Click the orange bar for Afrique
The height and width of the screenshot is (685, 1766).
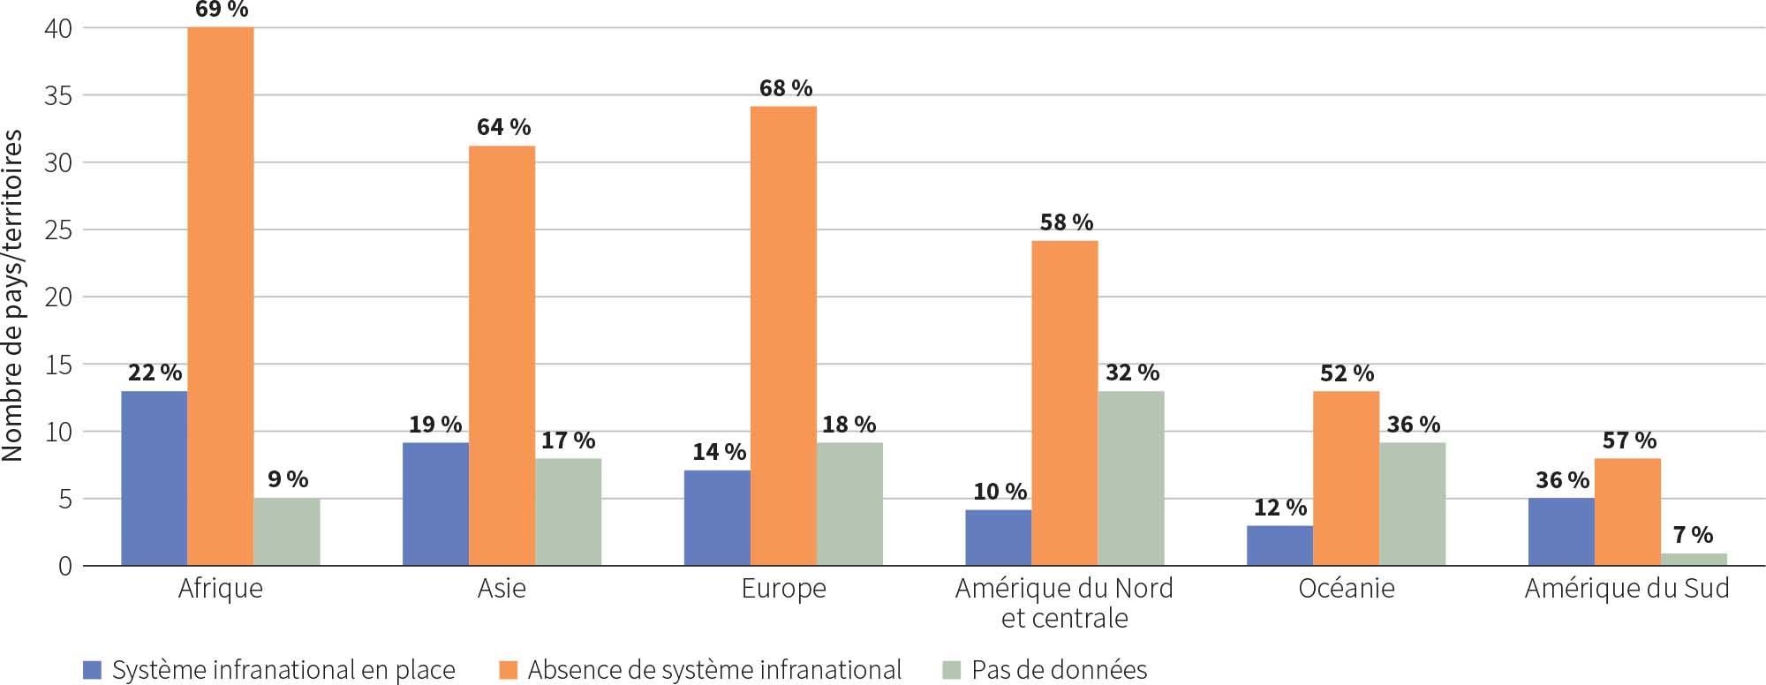pos(220,296)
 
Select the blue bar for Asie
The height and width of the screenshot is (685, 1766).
pos(435,504)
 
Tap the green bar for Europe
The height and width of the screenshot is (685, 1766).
pos(849,504)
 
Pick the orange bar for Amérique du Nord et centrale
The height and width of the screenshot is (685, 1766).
pos(1064,403)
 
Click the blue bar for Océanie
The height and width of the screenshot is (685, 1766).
pos(1279,546)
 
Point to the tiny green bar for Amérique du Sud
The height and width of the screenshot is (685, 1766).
pos(1694,559)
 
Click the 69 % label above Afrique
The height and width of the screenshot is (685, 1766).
pos(221,10)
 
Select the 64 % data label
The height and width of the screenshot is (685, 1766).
pos(503,127)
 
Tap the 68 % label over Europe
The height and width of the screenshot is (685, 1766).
pos(785,88)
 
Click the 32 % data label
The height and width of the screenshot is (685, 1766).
pos(1132,373)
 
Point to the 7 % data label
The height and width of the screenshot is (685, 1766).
pos(1693,534)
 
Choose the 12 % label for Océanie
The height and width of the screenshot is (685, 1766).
pos(1279,508)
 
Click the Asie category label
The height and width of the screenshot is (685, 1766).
pos(502,589)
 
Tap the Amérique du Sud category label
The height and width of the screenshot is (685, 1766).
pos(1626,589)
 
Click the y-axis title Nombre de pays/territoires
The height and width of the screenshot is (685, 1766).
pos(12,296)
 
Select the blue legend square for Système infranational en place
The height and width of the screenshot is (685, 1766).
pos(92,670)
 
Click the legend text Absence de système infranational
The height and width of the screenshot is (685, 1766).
pos(714,670)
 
